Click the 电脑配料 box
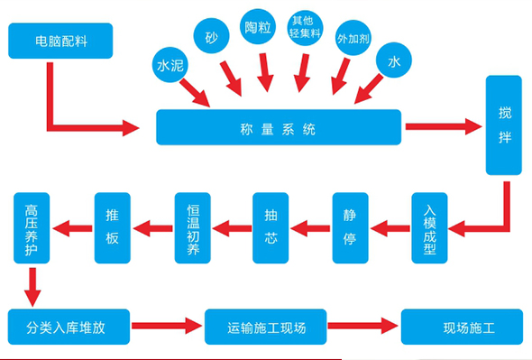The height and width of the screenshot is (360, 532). tap(60, 41)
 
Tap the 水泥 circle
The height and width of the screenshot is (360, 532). tap(170, 65)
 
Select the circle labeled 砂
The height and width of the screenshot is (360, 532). tap(211, 36)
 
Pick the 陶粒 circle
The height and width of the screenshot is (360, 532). tap(258, 26)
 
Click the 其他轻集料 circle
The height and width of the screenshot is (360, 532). tap(305, 27)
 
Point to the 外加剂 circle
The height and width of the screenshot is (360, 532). tap(353, 38)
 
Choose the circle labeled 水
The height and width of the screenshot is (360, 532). tap(394, 60)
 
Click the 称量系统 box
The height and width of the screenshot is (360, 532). tap(279, 127)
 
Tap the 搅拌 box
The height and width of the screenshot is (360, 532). tap(504, 125)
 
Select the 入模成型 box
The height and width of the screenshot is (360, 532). tap(429, 228)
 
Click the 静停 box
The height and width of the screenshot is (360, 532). tap(351, 228)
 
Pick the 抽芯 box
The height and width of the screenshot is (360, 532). tap(271, 228)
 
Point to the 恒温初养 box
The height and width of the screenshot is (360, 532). tap(193, 228)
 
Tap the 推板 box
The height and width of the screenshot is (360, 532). tap(113, 228)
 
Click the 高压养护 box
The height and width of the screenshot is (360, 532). tap(32, 228)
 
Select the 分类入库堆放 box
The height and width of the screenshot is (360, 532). tap(69, 327)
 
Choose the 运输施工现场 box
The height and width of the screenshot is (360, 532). tap(266, 327)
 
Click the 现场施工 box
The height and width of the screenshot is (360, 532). tap(462, 327)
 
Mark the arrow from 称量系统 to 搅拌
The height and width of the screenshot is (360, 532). tap(444, 126)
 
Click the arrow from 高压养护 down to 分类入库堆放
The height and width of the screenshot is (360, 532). tap(32, 287)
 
